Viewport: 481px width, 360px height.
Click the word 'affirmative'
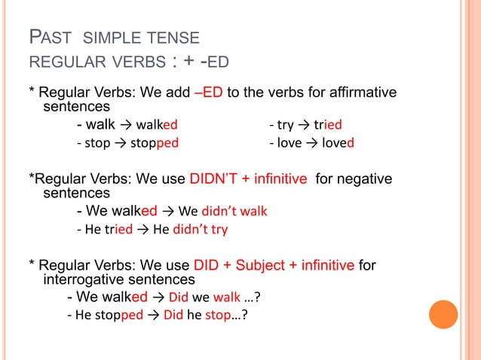354,93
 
